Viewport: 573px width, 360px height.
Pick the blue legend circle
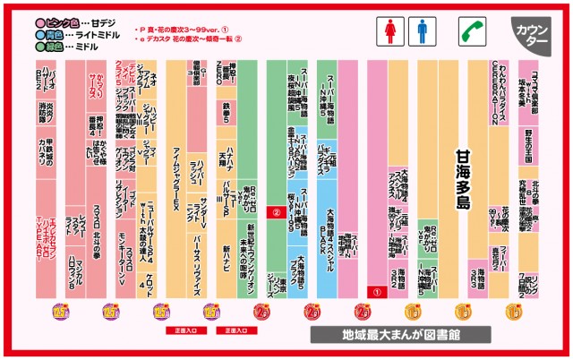click(40, 31)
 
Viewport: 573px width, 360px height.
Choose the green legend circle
click(40, 43)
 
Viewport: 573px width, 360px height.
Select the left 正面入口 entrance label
click(179, 330)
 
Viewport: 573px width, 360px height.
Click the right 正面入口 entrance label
click(229, 330)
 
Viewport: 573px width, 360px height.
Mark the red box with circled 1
click(377, 291)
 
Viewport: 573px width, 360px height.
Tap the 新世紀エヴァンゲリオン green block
click(252, 260)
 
